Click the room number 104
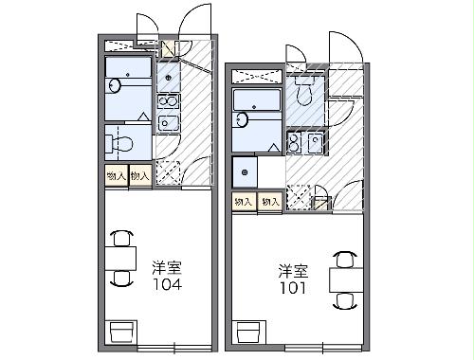(x=167, y=284)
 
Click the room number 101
(x=294, y=288)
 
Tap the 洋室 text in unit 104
(x=167, y=268)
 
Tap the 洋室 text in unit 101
(x=293, y=271)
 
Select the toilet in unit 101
(x=304, y=91)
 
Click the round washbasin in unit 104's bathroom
(x=114, y=85)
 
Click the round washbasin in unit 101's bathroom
(x=241, y=119)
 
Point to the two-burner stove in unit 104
(x=169, y=101)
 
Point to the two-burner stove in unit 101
(x=295, y=142)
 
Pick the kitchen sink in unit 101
(x=315, y=142)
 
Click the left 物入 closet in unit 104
(x=117, y=175)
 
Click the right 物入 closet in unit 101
(x=270, y=201)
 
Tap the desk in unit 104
(x=120, y=259)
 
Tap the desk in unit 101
(x=346, y=279)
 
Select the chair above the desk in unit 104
(x=121, y=238)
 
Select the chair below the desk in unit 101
(x=345, y=300)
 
